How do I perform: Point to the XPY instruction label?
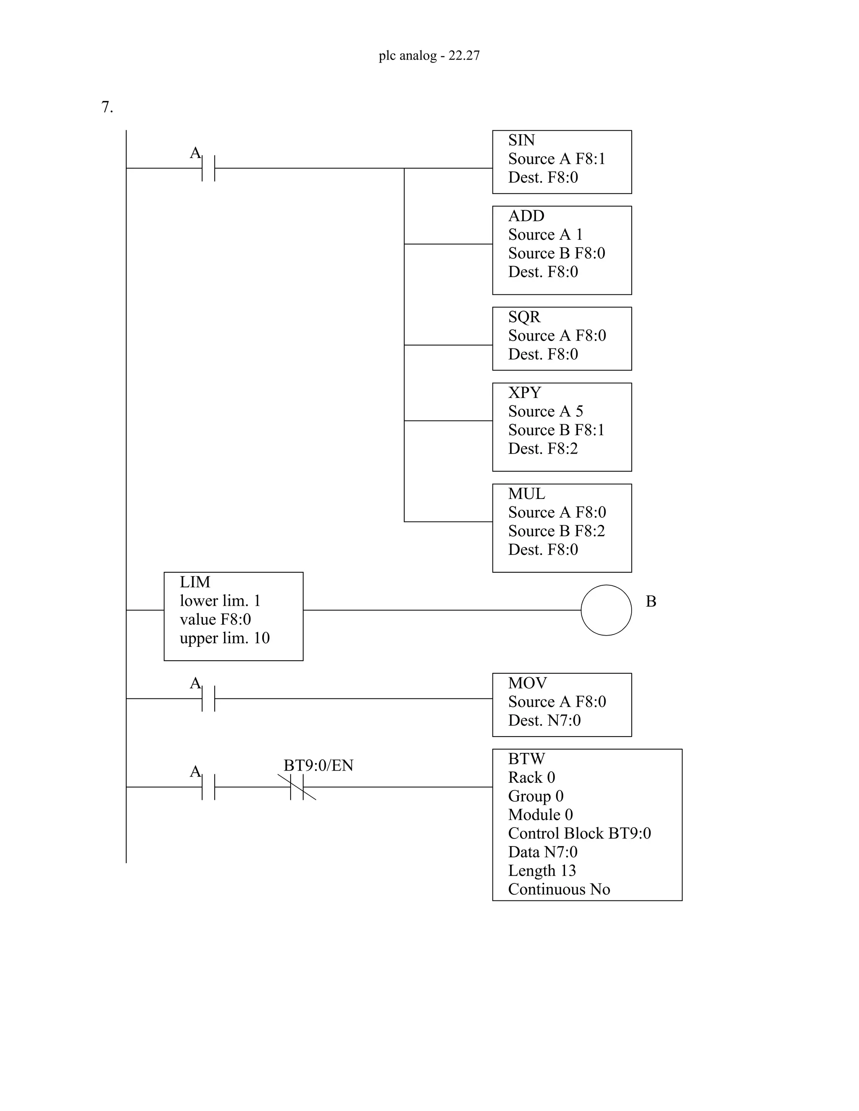pyautogui.click(x=524, y=392)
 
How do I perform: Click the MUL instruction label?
pyautogui.click(x=526, y=493)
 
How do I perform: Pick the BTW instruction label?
pyautogui.click(x=526, y=758)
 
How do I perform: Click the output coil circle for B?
pyautogui.click(x=606, y=610)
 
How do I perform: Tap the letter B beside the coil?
pyautogui.click(x=651, y=601)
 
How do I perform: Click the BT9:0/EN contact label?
pyautogui.click(x=318, y=765)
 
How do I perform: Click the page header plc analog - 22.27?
pyautogui.click(x=429, y=55)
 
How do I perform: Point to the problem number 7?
pyautogui.click(x=107, y=107)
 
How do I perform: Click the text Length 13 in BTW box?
pyautogui.click(x=541, y=870)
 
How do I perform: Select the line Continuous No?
pyautogui.click(x=559, y=889)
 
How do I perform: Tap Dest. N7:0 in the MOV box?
pyautogui.click(x=544, y=720)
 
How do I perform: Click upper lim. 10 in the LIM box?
pyautogui.click(x=224, y=638)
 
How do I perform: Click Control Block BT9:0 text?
pyautogui.click(x=579, y=833)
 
